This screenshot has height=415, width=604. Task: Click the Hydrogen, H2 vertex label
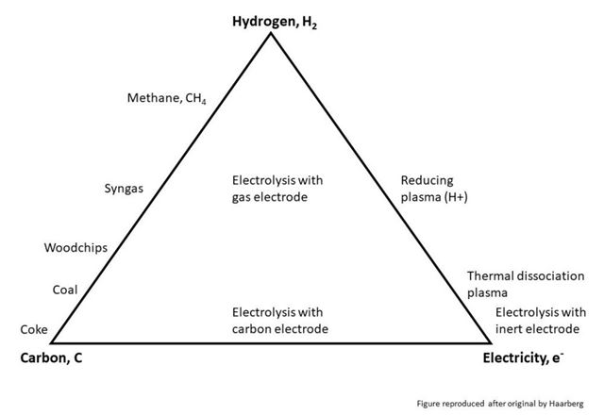pyautogui.click(x=275, y=22)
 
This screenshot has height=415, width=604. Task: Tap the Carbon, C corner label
pyautogui.click(x=51, y=358)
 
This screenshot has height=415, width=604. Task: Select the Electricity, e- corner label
pyautogui.click(x=523, y=358)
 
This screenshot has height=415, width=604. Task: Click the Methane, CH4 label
pyautogui.click(x=167, y=98)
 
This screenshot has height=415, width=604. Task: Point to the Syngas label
pyautogui.click(x=124, y=189)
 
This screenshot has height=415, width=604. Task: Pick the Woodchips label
pyautogui.click(x=75, y=247)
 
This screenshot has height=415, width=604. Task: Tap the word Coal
pyautogui.click(x=65, y=290)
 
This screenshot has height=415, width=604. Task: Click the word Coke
pyautogui.click(x=34, y=329)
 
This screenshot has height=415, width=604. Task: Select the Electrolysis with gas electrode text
pyautogui.click(x=277, y=189)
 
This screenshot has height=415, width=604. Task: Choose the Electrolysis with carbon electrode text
pyautogui.click(x=280, y=321)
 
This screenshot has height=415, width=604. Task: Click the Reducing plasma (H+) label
pyautogui.click(x=434, y=189)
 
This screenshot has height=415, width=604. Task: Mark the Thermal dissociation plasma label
pyautogui.click(x=526, y=284)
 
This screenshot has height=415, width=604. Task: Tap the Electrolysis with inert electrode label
pyautogui.click(x=541, y=321)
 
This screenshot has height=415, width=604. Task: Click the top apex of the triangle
pyautogui.click(x=271, y=34)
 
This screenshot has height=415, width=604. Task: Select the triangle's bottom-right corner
pyautogui.click(x=490, y=341)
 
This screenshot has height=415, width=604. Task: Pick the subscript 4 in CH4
pyautogui.click(x=204, y=102)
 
